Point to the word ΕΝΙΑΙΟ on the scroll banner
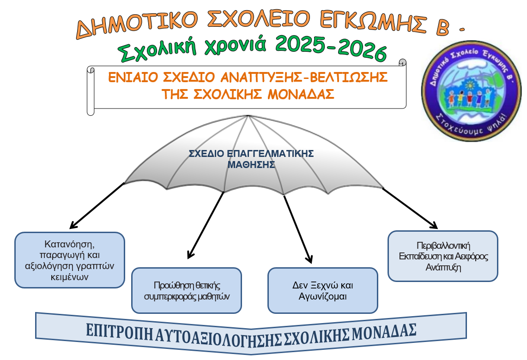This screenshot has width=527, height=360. tap(133, 77)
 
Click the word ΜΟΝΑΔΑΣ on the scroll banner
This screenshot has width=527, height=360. tap(301, 94)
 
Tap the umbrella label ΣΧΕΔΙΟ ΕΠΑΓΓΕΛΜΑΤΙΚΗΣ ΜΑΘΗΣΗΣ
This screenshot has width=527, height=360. tap(251, 159)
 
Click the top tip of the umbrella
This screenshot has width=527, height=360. tap(248, 115)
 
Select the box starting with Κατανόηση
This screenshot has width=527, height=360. tap(70, 260)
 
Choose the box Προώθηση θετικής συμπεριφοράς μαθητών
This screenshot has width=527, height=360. tap(187, 290)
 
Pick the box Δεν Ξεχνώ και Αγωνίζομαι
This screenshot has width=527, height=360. tap(323, 290)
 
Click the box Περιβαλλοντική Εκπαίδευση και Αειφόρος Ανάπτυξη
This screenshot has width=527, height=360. tap(443, 256)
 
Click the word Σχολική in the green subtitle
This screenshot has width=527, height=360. tap(157, 49)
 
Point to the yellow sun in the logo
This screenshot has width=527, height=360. tap(470, 86)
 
